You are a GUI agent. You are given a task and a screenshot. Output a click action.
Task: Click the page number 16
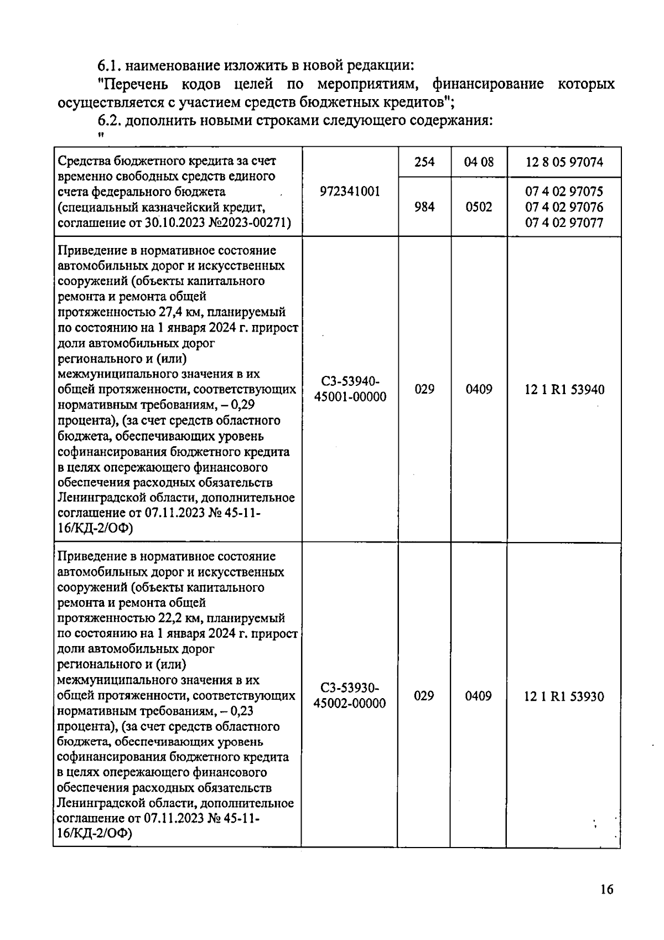tap(606, 890)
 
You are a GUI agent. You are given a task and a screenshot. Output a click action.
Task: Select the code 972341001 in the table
tap(350, 192)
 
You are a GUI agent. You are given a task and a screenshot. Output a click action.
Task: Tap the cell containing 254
tap(424, 162)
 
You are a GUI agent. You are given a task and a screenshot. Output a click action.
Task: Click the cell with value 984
tap(424, 207)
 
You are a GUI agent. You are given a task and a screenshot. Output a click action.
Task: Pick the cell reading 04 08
tap(479, 162)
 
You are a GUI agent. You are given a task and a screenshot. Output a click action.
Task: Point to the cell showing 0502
tap(479, 207)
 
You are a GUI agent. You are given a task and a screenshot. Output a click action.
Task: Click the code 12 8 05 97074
tap(564, 162)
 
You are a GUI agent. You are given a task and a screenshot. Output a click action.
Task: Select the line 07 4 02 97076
tap(564, 207)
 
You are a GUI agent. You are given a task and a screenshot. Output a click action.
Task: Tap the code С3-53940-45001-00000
tap(350, 389)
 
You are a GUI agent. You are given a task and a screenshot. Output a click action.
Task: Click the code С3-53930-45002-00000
tap(350, 695)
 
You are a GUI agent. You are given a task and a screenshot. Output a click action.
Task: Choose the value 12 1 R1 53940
tap(564, 390)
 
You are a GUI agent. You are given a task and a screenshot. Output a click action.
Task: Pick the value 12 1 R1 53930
tap(564, 696)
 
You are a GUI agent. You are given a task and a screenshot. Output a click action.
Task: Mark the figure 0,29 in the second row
tap(242, 405)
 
